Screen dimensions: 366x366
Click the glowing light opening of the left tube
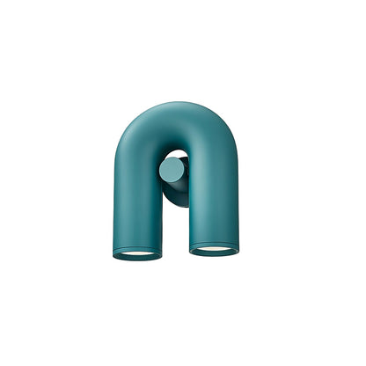tap(137, 254)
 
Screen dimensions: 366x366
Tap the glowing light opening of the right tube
tap(214, 251)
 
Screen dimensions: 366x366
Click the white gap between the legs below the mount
tap(176, 229)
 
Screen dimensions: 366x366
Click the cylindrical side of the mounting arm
tap(182, 171)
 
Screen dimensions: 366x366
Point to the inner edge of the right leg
tap(190, 220)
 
